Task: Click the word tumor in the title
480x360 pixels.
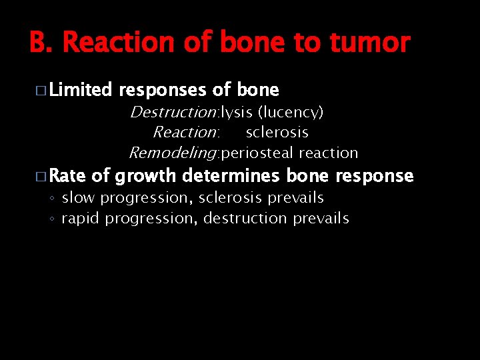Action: coord(371,43)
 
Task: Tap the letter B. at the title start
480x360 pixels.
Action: coord(42,43)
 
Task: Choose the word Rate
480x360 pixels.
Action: coord(67,176)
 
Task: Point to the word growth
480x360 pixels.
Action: coord(145,176)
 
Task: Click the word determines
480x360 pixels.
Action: coord(231,176)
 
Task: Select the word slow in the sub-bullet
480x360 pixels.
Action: coord(77,198)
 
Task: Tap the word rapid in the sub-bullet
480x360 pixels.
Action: coord(79,219)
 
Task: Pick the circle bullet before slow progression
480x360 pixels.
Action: coord(53,199)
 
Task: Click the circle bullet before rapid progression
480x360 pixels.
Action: coord(53,219)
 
